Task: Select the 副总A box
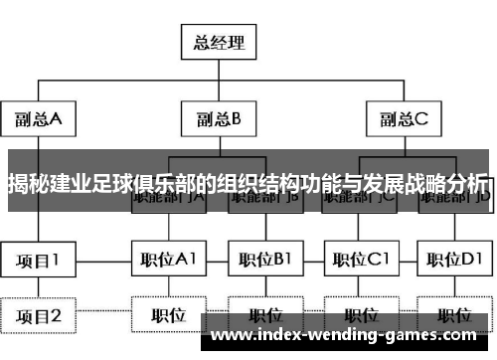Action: (x=38, y=119)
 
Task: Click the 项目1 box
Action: (x=38, y=262)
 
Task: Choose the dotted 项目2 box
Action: (x=38, y=316)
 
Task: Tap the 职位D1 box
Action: (x=453, y=262)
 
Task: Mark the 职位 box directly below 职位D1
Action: (x=453, y=316)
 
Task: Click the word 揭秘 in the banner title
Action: (x=29, y=184)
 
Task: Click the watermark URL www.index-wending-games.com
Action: (x=347, y=334)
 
